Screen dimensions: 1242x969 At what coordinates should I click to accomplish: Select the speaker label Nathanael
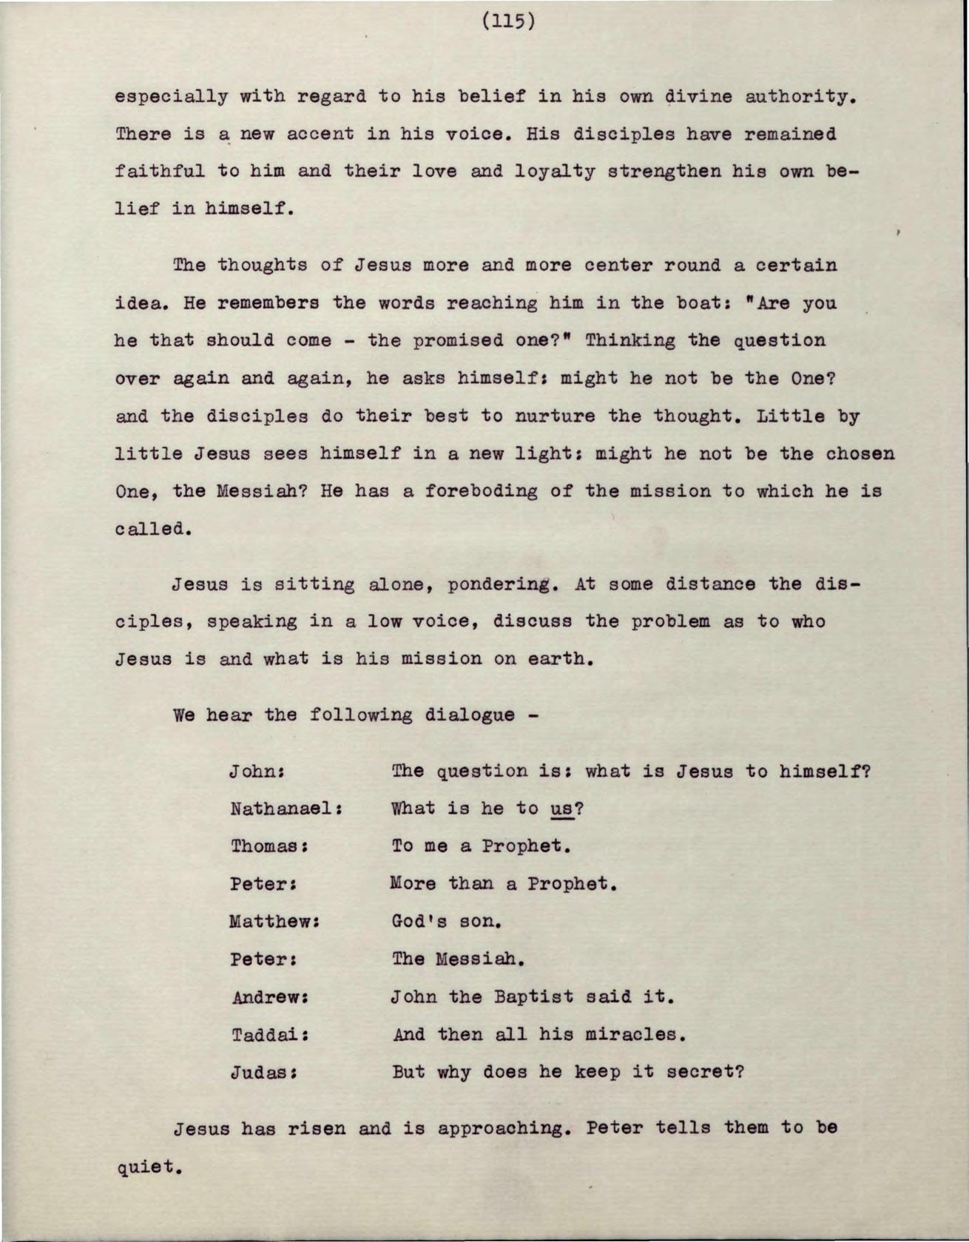(284, 809)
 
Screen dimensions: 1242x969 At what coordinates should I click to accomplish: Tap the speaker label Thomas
(268, 846)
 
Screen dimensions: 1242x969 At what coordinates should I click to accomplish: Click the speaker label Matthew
(273, 922)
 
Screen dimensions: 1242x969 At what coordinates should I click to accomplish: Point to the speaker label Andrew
(268, 997)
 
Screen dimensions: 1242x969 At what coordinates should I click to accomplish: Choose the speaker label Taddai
(268, 1035)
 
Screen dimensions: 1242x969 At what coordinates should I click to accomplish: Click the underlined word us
(562, 809)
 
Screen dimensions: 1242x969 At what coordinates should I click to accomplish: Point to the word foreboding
(481, 491)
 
